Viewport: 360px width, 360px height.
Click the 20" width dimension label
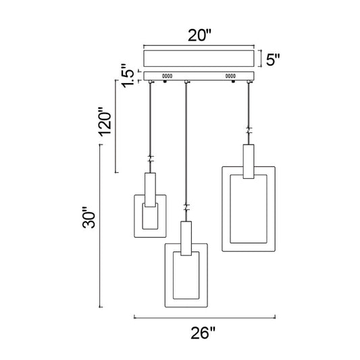click(199, 35)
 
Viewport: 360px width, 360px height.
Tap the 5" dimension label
click(273, 59)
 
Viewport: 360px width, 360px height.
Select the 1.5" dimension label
click(128, 76)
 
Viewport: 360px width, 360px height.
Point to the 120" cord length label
click(105, 122)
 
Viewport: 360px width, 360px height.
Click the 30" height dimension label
click(88, 217)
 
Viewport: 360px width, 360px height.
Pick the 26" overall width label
click(203, 333)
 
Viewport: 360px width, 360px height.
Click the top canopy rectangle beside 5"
click(199, 59)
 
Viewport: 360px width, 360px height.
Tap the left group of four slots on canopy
click(167, 76)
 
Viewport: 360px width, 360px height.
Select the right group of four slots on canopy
click(230, 76)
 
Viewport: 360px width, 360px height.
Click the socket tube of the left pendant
click(150, 190)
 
